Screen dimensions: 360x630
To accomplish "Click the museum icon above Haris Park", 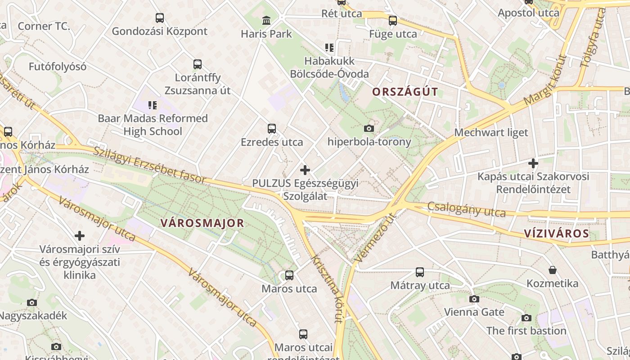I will (x=266, y=21).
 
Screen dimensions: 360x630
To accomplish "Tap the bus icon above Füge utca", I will (x=393, y=21).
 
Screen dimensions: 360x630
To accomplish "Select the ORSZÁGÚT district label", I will (x=405, y=92).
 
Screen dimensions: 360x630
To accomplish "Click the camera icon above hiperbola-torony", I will (x=369, y=129).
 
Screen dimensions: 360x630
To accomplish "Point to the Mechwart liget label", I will (x=491, y=133).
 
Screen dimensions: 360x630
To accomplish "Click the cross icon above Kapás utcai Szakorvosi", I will (x=533, y=163).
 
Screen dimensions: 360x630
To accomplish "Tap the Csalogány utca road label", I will (x=466, y=209).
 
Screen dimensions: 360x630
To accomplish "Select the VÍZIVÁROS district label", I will (x=556, y=234).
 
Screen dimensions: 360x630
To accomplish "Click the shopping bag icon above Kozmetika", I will (x=552, y=270).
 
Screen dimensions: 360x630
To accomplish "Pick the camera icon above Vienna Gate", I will (x=474, y=299).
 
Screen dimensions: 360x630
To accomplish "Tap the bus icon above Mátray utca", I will (x=420, y=272).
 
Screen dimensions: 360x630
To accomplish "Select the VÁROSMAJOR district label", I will (x=202, y=223).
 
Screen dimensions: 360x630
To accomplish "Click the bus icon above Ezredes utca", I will (x=272, y=129).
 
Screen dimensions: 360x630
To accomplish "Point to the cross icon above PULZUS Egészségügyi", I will (x=305, y=170).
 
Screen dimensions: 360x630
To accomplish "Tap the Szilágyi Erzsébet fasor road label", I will (x=149, y=165).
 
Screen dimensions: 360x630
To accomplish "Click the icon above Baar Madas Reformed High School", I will (x=153, y=105).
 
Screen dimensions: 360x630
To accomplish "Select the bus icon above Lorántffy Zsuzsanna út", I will (x=198, y=64).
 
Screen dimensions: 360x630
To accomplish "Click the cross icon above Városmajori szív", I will (x=80, y=236).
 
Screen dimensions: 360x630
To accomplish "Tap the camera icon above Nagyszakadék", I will (x=31, y=302).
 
